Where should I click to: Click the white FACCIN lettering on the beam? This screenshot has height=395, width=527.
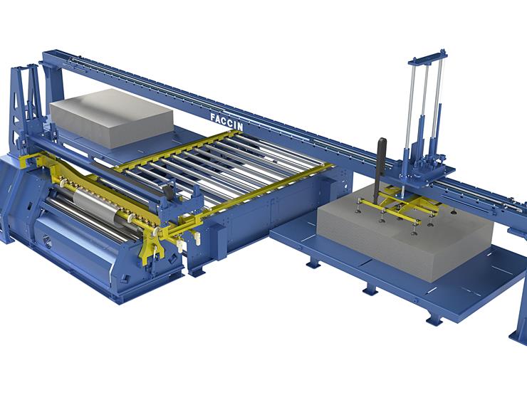(x=226, y=122)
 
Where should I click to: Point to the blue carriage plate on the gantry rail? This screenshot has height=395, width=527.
(x=426, y=175)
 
